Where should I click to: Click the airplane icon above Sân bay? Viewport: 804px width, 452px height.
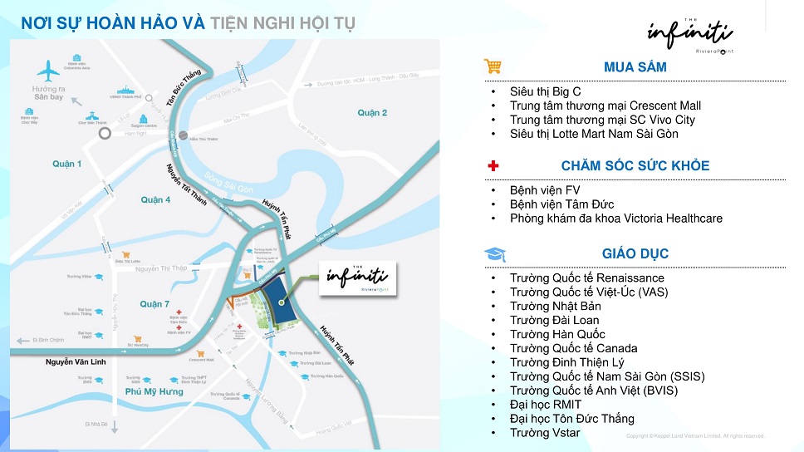pyautogui.click(x=49, y=71)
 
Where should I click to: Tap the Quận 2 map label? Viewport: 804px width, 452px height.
pyautogui.click(x=373, y=112)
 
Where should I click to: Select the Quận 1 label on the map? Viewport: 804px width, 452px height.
pyautogui.click(x=67, y=164)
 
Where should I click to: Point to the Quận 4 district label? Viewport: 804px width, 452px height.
pyautogui.click(x=155, y=199)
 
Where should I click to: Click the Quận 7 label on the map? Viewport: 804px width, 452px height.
pyautogui.click(x=154, y=304)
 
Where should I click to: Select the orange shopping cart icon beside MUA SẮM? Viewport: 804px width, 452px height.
pyautogui.click(x=493, y=66)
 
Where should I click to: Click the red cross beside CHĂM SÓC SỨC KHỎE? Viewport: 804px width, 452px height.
pyautogui.click(x=493, y=165)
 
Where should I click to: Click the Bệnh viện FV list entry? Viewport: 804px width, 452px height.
pyautogui.click(x=545, y=190)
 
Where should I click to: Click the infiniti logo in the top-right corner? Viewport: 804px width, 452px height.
pyautogui.click(x=689, y=35)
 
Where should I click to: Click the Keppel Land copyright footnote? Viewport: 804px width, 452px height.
pyautogui.click(x=694, y=436)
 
